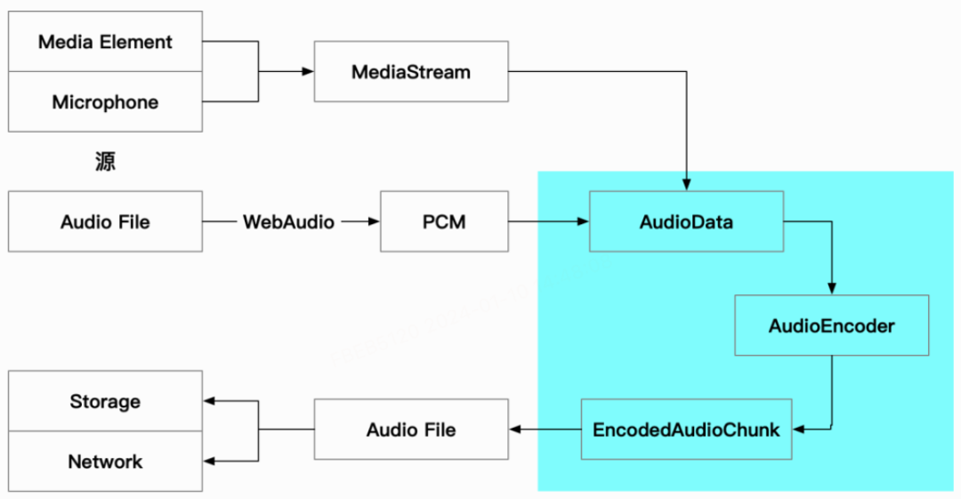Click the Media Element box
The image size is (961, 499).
point(105,42)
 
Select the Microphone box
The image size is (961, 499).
point(105,102)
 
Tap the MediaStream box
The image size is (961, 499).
point(411,72)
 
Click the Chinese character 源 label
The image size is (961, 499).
point(105,162)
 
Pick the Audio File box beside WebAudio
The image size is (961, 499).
point(105,221)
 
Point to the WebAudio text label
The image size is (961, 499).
point(288,221)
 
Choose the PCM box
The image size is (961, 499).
point(444,221)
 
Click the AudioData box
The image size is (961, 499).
point(686,221)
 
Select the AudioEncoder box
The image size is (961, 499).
point(831,326)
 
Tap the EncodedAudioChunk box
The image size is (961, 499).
point(686,430)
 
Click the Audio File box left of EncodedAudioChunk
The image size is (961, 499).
point(411,430)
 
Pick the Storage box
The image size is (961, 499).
point(105,401)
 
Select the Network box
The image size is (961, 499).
point(105,462)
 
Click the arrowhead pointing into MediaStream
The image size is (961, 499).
point(308,72)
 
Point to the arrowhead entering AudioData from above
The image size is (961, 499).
point(686,185)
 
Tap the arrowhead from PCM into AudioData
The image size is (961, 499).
point(583,221)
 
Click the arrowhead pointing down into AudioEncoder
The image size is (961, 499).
point(831,289)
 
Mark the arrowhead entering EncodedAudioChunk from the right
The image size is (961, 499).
point(798,430)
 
